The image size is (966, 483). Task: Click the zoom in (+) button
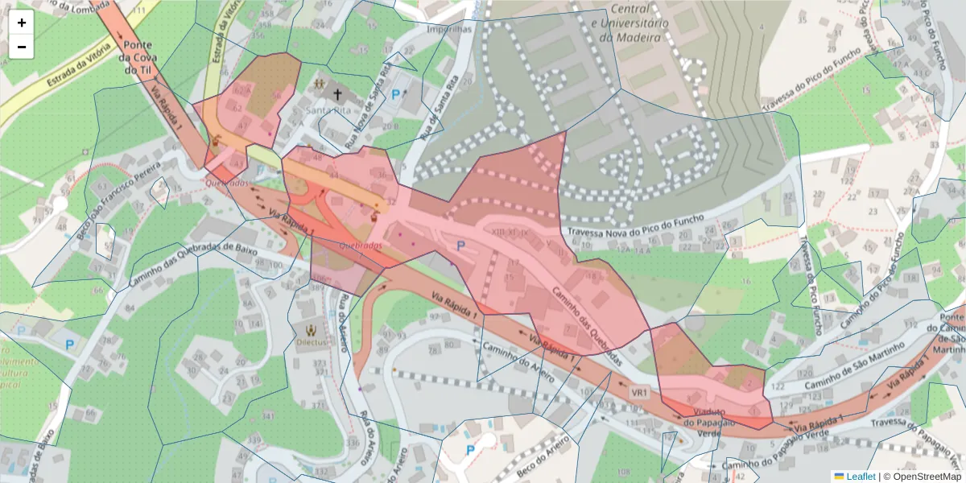(22, 23)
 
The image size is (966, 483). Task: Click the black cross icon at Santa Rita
(336, 93)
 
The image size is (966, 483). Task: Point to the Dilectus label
(311, 341)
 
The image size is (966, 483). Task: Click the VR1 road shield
(639, 393)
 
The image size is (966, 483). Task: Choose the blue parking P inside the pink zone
(460, 246)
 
